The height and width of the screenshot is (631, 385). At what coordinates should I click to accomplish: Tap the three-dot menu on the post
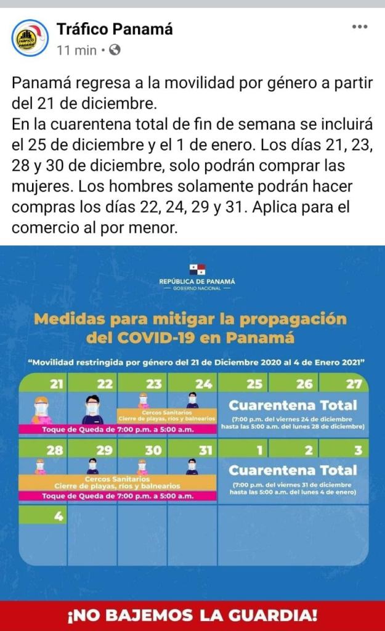pyautogui.click(x=360, y=26)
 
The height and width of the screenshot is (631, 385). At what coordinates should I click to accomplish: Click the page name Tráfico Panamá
pyautogui.click(x=115, y=28)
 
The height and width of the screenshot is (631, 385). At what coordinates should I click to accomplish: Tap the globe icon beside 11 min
pyautogui.click(x=115, y=51)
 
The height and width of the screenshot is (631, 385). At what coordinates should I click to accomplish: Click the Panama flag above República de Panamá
pyautogui.click(x=197, y=269)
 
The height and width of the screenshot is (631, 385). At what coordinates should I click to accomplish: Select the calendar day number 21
pyautogui.click(x=57, y=384)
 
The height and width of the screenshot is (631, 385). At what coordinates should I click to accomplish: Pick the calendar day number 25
pyautogui.click(x=254, y=384)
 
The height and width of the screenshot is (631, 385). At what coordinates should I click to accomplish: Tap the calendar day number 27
pyautogui.click(x=354, y=384)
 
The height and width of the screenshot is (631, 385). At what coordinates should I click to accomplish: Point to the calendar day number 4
pyautogui.click(x=59, y=516)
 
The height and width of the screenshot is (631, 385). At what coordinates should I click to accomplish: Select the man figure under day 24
pyautogui.click(x=192, y=400)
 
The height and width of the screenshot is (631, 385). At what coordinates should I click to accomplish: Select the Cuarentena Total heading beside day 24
pyautogui.click(x=293, y=405)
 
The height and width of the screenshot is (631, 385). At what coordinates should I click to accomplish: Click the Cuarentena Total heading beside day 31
pyautogui.click(x=293, y=470)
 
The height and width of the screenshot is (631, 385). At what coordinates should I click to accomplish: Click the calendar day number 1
pyautogui.click(x=261, y=450)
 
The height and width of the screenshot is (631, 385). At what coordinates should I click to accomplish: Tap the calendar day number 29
pyautogui.click(x=105, y=450)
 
